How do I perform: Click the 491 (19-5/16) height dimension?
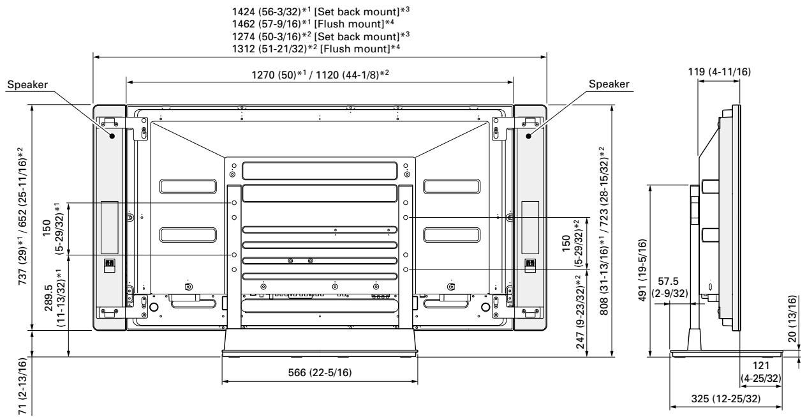click(x=644, y=270)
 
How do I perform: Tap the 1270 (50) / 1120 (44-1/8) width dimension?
click(x=320, y=74)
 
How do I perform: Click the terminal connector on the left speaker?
click(x=108, y=263)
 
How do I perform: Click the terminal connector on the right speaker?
click(x=529, y=263)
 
